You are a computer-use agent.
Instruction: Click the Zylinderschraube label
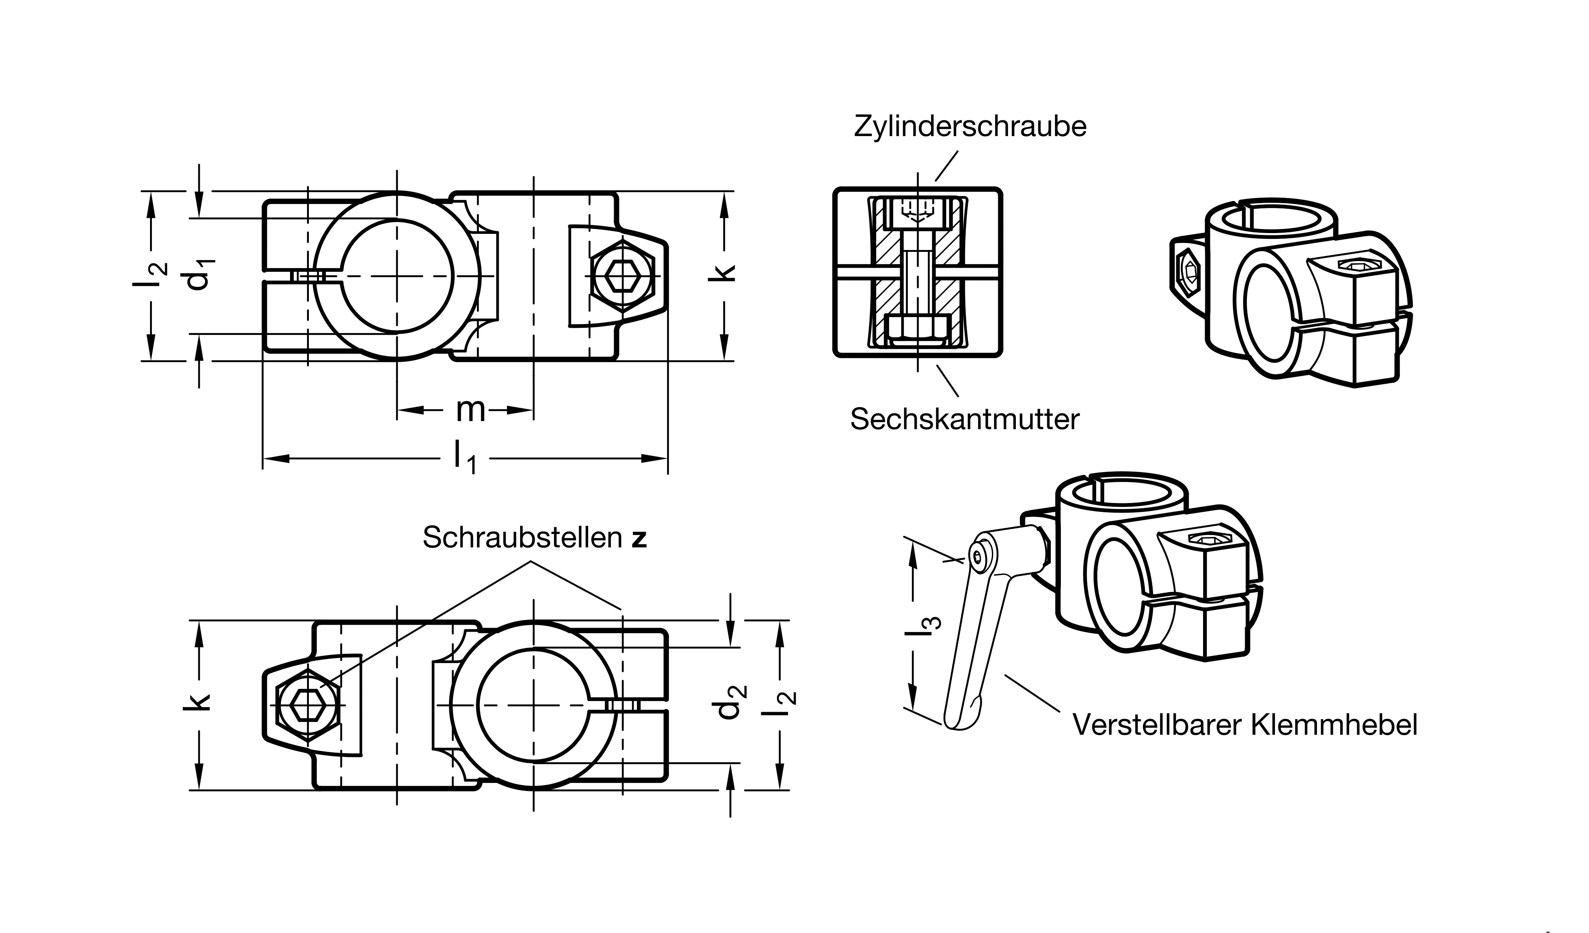[x=970, y=127]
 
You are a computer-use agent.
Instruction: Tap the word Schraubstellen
[x=522, y=537]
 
